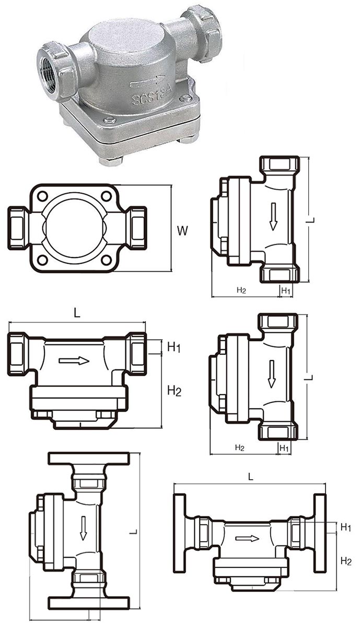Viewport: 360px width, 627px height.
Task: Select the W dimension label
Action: point(182,230)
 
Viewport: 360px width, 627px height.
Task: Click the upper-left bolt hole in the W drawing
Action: point(43,196)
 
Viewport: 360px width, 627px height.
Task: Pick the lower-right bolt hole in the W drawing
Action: point(107,260)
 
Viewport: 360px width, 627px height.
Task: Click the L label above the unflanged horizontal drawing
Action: point(77,313)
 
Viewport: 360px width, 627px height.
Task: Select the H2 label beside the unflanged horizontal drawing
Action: point(174,390)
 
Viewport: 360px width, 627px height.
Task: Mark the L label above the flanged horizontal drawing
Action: point(251,477)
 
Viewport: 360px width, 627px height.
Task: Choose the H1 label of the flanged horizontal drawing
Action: point(345,528)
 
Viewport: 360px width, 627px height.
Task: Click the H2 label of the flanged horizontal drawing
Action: point(345,561)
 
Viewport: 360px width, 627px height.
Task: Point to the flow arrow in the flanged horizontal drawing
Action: point(247,538)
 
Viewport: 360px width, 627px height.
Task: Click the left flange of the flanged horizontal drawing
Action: point(180,532)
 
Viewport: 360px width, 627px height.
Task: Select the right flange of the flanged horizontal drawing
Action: point(319,532)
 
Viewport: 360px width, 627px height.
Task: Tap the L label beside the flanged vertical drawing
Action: point(134,531)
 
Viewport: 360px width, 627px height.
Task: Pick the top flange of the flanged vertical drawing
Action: point(88,458)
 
